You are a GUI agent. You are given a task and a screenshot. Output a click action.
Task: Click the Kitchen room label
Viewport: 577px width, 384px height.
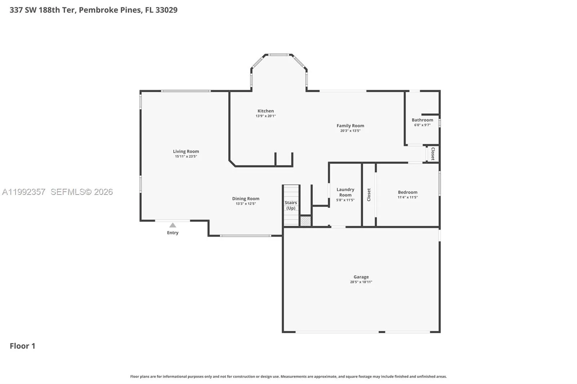click(x=265, y=111)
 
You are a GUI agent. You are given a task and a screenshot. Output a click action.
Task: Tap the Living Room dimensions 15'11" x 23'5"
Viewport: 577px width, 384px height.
click(x=186, y=156)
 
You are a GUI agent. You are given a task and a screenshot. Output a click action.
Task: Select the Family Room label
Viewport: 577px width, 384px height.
click(x=350, y=126)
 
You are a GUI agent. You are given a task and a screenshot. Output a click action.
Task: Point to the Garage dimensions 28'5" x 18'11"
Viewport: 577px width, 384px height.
click(x=361, y=282)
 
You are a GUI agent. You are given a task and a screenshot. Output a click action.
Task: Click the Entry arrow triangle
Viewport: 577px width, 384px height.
click(x=173, y=225)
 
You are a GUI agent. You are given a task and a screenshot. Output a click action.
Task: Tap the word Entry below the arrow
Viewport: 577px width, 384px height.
click(x=173, y=233)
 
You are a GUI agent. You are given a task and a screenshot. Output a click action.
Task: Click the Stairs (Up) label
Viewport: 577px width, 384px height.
click(x=291, y=205)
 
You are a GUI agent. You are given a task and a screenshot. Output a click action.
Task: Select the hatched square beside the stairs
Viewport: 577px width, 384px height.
click(x=306, y=221)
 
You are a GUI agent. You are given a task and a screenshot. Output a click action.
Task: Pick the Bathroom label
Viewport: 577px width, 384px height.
click(x=422, y=120)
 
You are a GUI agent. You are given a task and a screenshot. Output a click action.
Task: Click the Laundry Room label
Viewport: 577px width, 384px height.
click(x=345, y=192)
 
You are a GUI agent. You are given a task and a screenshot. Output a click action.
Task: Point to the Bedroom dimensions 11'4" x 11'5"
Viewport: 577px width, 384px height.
click(x=408, y=197)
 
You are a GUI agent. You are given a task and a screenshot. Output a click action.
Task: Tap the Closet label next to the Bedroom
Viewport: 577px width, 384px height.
click(x=369, y=195)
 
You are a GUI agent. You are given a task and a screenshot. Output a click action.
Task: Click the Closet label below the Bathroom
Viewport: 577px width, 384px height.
click(x=433, y=154)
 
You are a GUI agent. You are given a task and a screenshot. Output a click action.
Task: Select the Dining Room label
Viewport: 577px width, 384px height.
click(x=246, y=199)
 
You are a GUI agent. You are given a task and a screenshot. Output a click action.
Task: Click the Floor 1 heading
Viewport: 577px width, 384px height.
click(x=22, y=346)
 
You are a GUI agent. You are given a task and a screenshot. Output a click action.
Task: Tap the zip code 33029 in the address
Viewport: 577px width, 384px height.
click(x=166, y=10)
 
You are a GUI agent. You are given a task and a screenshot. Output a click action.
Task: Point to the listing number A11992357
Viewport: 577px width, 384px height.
click(x=24, y=192)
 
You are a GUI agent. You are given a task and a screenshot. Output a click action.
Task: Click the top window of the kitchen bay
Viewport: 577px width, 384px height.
click(x=278, y=55)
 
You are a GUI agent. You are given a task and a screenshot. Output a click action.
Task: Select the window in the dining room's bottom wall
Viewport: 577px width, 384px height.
click(x=246, y=236)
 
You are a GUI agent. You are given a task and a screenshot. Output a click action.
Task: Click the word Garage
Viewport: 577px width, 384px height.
click(x=361, y=277)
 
